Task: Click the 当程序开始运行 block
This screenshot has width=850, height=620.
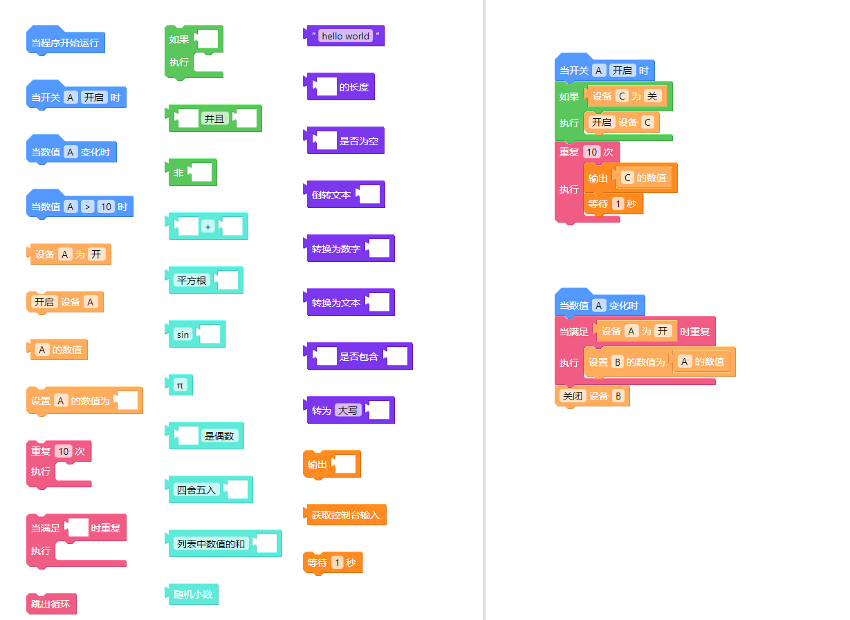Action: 65,43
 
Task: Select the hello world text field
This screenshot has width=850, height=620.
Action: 346,36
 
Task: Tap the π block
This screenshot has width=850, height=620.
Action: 180,385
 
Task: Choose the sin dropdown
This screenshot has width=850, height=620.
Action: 183,335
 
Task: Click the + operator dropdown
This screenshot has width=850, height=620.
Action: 208,227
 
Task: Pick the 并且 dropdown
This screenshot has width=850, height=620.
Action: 214,119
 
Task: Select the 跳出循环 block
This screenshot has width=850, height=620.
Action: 50,604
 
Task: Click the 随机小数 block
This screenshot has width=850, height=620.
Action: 193,594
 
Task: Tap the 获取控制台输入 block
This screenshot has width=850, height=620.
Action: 344,515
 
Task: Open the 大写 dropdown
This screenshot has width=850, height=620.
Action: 348,411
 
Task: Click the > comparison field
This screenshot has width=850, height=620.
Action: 87,207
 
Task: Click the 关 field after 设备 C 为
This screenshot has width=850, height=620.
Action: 652,96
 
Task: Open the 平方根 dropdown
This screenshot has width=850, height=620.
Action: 192,281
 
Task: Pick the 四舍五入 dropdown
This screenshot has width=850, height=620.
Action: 197,490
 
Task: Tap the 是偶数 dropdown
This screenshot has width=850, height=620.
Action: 220,436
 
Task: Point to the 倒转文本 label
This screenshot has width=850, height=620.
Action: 331,195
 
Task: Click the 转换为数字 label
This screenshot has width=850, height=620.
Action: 336,249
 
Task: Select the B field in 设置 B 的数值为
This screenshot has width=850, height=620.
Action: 618,361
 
